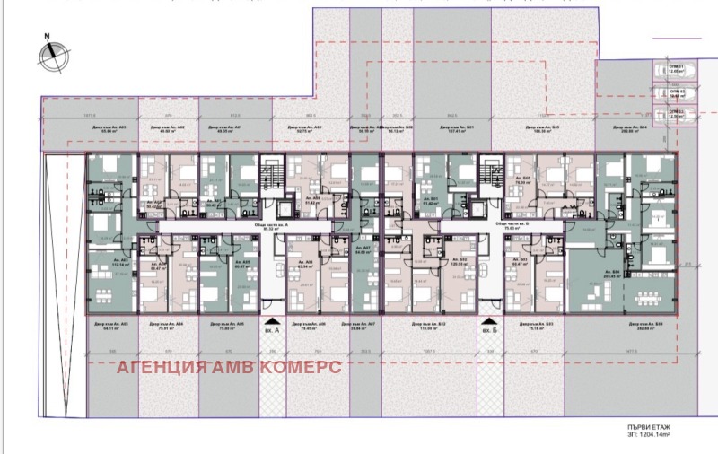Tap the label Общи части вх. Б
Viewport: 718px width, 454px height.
[x=515, y=225]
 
